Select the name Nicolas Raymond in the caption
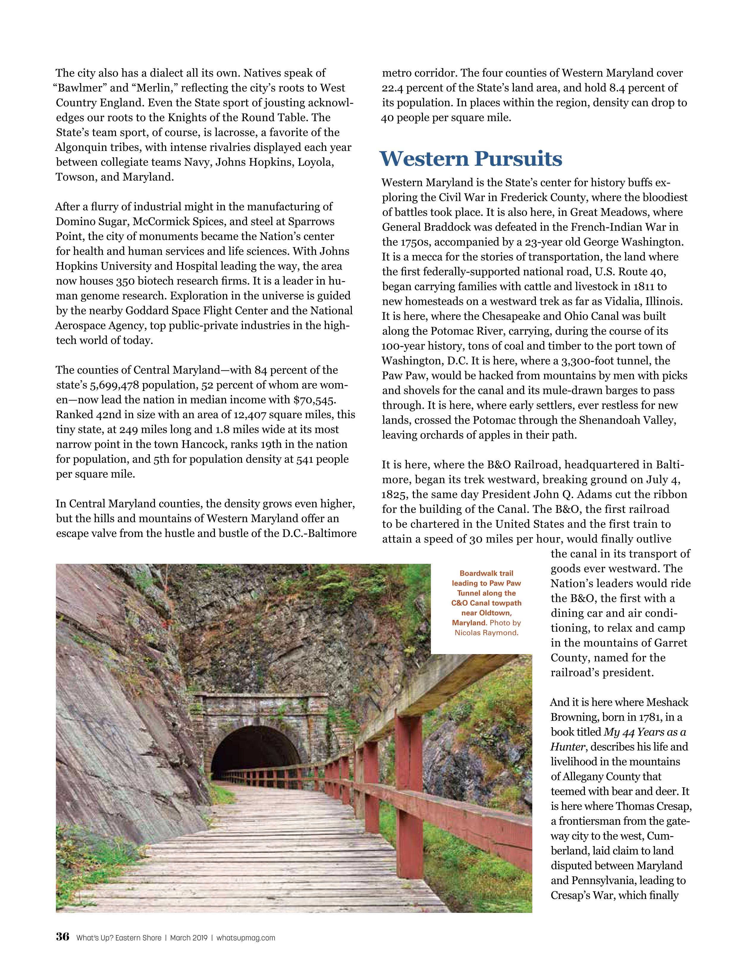click(x=486, y=633)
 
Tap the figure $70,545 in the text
click(x=314, y=400)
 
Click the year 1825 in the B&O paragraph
click(x=395, y=494)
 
